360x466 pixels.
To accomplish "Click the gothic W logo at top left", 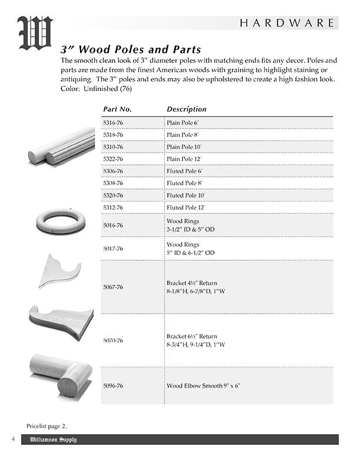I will [x=35, y=34].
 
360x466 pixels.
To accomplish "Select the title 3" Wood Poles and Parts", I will [x=131, y=49].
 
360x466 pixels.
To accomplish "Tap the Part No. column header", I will [x=117, y=109].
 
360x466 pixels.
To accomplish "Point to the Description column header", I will [x=186, y=109].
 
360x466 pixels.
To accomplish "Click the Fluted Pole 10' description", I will [x=186, y=195].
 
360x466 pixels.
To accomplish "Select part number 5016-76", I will [x=113, y=225].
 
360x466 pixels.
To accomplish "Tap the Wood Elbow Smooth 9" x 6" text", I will [x=204, y=386].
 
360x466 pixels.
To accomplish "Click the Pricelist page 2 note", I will [x=51, y=425].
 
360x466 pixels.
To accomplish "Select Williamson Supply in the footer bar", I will [x=54, y=440].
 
